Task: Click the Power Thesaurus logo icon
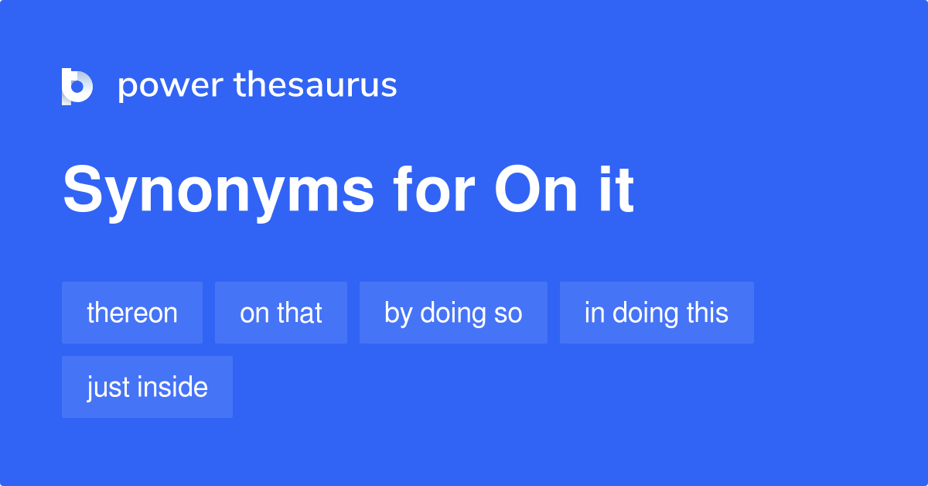click(x=77, y=86)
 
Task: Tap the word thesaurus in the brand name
click(x=316, y=85)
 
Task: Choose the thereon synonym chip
click(x=132, y=313)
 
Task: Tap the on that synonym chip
click(x=281, y=313)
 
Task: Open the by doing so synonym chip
click(x=453, y=313)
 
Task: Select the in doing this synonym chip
click(x=657, y=313)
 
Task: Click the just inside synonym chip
click(x=147, y=387)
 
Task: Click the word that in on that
click(x=299, y=313)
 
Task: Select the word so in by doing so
click(x=509, y=313)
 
